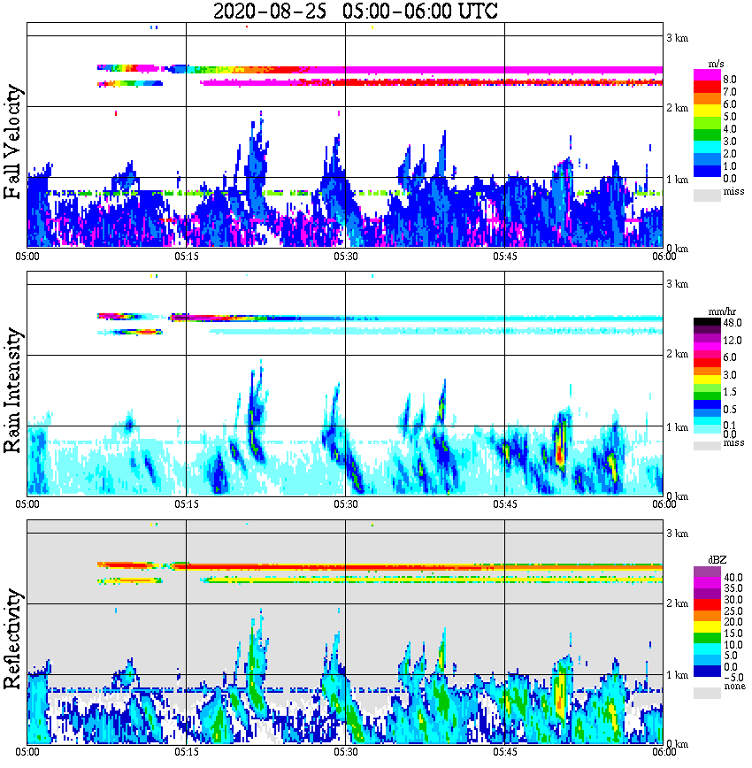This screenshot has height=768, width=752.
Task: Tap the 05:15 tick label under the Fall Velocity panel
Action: point(186,256)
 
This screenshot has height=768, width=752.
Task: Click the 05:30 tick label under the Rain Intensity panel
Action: point(345,504)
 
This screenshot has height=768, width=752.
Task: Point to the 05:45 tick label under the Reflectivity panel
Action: point(504,752)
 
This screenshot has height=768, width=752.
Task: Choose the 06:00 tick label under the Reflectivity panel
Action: point(664,752)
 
